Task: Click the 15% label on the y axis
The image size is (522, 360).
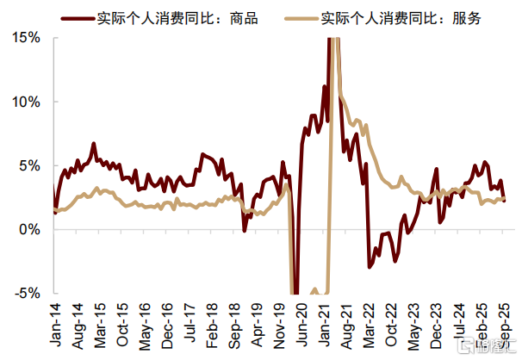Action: pyautogui.click(x=26, y=38)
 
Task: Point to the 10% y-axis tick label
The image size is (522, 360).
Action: pyautogui.click(x=26, y=102)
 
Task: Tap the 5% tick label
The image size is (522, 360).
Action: pyautogui.click(x=29, y=165)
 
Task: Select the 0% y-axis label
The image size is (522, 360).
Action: pyautogui.click(x=29, y=230)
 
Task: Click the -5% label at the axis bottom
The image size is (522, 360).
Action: pyautogui.click(x=28, y=294)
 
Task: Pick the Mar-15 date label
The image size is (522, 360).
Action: pyautogui.click(x=100, y=325)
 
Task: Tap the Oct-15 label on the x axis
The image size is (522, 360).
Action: pyautogui.click(x=122, y=324)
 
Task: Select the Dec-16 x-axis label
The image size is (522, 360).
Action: pyautogui.click(x=167, y=326)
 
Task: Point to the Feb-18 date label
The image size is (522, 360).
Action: pyautogui.click(x=212, y=325)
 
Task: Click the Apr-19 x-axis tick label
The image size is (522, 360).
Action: pyautogui.click(x=257, y=325)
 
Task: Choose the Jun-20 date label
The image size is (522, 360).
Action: pyautogui.click(x=301, y=324)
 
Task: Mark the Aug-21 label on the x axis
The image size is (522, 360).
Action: pyautogui.click(x=346, y=326)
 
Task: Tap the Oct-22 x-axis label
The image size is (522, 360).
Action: pyautogui.click(x=391, y=324)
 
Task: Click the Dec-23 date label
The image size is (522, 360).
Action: pyautogui.click(x=436, y=326)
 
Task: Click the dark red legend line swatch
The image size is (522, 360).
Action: pyautogui.click(x=78, y=19)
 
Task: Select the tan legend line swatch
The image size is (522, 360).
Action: pyautogui.click(x=301, y=19)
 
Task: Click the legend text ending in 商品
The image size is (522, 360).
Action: pyautogui.click(x=177, y=18)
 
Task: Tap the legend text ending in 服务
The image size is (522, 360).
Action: pyautogui.click(x=401, y=18)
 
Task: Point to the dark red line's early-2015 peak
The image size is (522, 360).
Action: pyautogui.click(x=94, y=144)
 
